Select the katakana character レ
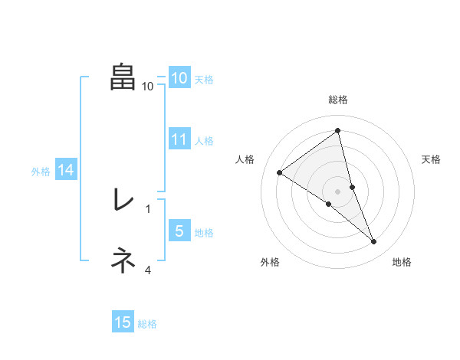coord(123,200)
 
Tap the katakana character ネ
coord(123,260)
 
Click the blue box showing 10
coord(179,77)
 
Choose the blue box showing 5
coord(179,231)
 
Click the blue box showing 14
coord(66,170)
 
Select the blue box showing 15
coord(123,322)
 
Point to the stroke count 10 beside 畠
coord(148,87)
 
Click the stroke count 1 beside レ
coord(148,208)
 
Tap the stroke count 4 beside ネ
coord(148,269)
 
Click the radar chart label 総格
coord(337,100)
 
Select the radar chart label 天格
coord(431,159)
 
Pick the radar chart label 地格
coord(402,262)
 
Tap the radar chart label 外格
coord(270,262)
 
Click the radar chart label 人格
coord(245,159)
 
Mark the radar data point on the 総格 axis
coord(337,130)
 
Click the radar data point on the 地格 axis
coord(374,242)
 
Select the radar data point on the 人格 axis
coord(280,172)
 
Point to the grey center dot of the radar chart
coord(337,191)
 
